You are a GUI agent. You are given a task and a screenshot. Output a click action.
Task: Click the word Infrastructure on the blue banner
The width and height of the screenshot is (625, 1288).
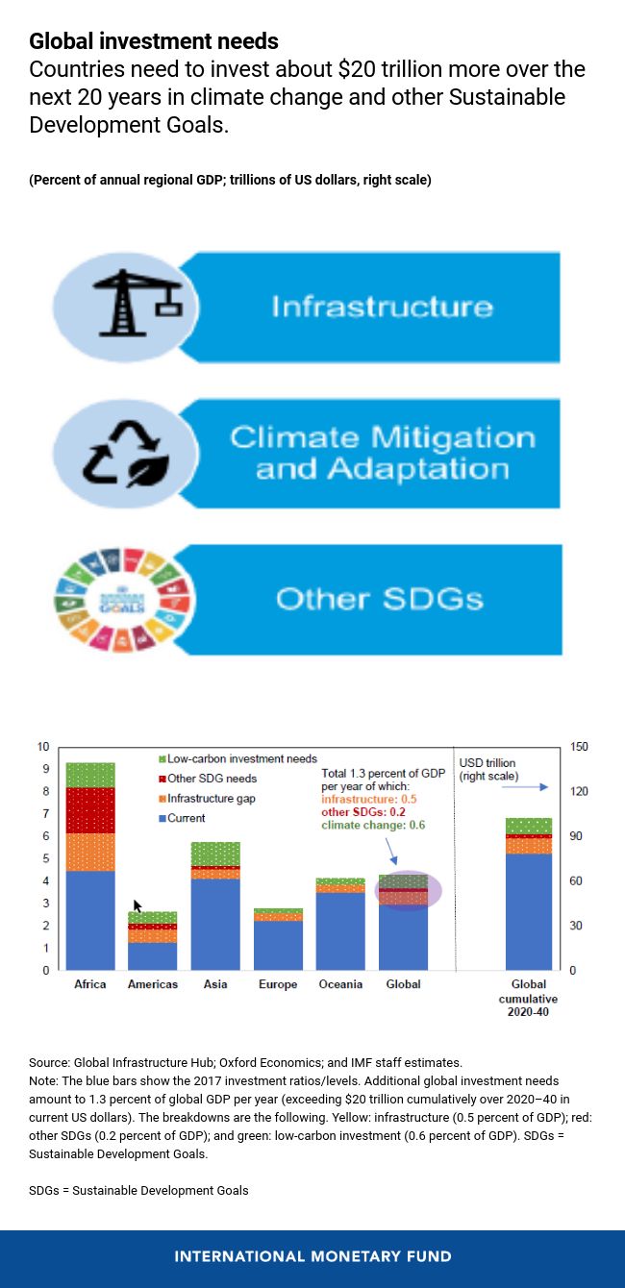tap(382, 307)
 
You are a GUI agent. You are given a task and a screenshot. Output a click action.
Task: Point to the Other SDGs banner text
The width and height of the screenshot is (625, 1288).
tap(379, 599)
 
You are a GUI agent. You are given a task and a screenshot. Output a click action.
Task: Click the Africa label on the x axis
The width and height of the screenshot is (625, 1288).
tap(90, 984)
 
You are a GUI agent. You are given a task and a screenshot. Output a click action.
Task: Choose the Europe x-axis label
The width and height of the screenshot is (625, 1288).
tap(278, 984)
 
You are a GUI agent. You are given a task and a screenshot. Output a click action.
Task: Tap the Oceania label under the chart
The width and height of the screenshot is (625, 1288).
tap(340, 984)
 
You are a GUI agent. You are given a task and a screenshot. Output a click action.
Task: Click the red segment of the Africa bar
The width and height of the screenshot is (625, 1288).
tap(90, 809)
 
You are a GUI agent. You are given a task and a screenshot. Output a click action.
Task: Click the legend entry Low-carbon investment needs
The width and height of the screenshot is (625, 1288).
tap(241, 758)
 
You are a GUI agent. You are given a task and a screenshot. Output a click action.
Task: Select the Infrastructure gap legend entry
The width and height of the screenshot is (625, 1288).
tap(211, 799)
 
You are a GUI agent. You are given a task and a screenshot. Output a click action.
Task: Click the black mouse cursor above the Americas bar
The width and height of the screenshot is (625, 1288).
tap(137, 905)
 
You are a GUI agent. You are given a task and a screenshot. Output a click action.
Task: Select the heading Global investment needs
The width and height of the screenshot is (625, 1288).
tap(154, 41)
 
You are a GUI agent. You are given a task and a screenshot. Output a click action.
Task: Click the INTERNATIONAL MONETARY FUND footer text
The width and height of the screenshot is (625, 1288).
tap(312, 1256)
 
